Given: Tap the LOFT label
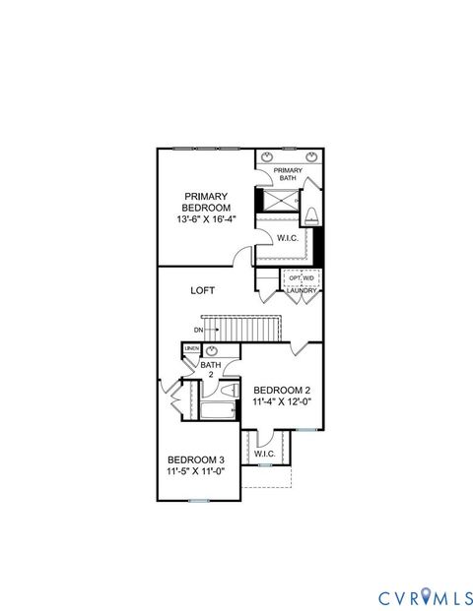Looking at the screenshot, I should (203, 290).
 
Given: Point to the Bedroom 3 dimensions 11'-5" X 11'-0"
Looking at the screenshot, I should (195, 471).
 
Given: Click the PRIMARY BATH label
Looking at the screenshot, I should (288, 174).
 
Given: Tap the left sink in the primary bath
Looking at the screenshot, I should (268, 156).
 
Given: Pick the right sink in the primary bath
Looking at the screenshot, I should (309, 156).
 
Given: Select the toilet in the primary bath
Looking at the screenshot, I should (312, 215).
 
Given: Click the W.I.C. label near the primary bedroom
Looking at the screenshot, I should (288, 238).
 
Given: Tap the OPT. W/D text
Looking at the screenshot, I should (301, 278).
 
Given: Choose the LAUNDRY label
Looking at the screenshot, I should (301, 291).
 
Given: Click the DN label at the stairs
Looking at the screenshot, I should (198, 329).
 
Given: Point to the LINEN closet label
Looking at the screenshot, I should (191, 349).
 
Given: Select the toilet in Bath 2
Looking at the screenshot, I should (230, 392).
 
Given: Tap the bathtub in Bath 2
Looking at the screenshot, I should (218, 409).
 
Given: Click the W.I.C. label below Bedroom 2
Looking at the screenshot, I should (264, 454).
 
